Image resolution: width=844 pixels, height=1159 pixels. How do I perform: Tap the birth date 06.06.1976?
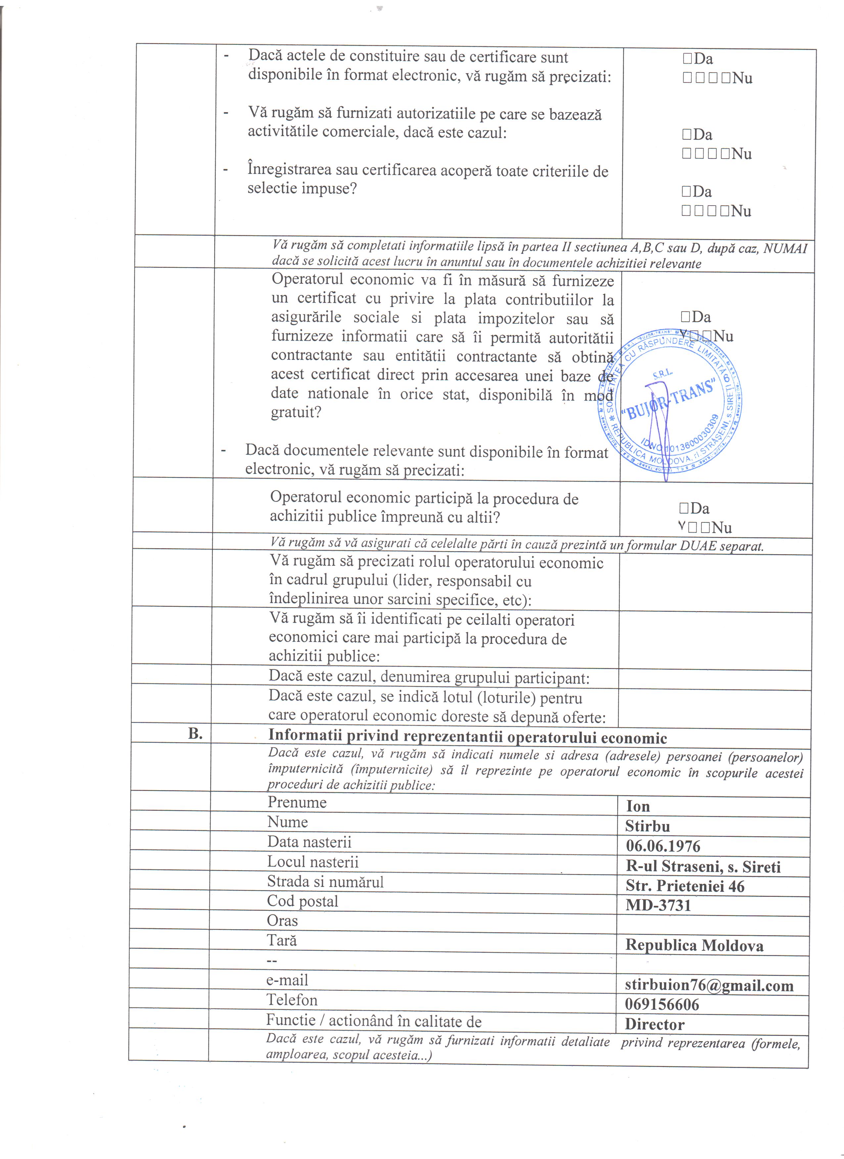(x=663, y=846)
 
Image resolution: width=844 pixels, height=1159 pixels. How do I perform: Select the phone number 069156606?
(x=662, y=1005)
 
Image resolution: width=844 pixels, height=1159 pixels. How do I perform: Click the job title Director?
(x=654, y=1025)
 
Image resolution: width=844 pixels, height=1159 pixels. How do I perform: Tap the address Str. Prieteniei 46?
(x=684, y=886)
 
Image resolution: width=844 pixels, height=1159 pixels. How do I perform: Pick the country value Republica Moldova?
(x=694, y=945)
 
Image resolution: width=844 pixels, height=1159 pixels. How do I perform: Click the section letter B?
(x=195, y=734)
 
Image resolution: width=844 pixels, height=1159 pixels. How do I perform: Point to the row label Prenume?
(x=297, y=802)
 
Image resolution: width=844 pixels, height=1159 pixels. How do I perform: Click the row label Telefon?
(x=292, y=1000)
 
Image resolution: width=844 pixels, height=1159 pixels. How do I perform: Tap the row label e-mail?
(x=287, y=980)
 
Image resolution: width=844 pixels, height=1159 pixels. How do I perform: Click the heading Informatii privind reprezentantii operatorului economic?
(x=467, y=737)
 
